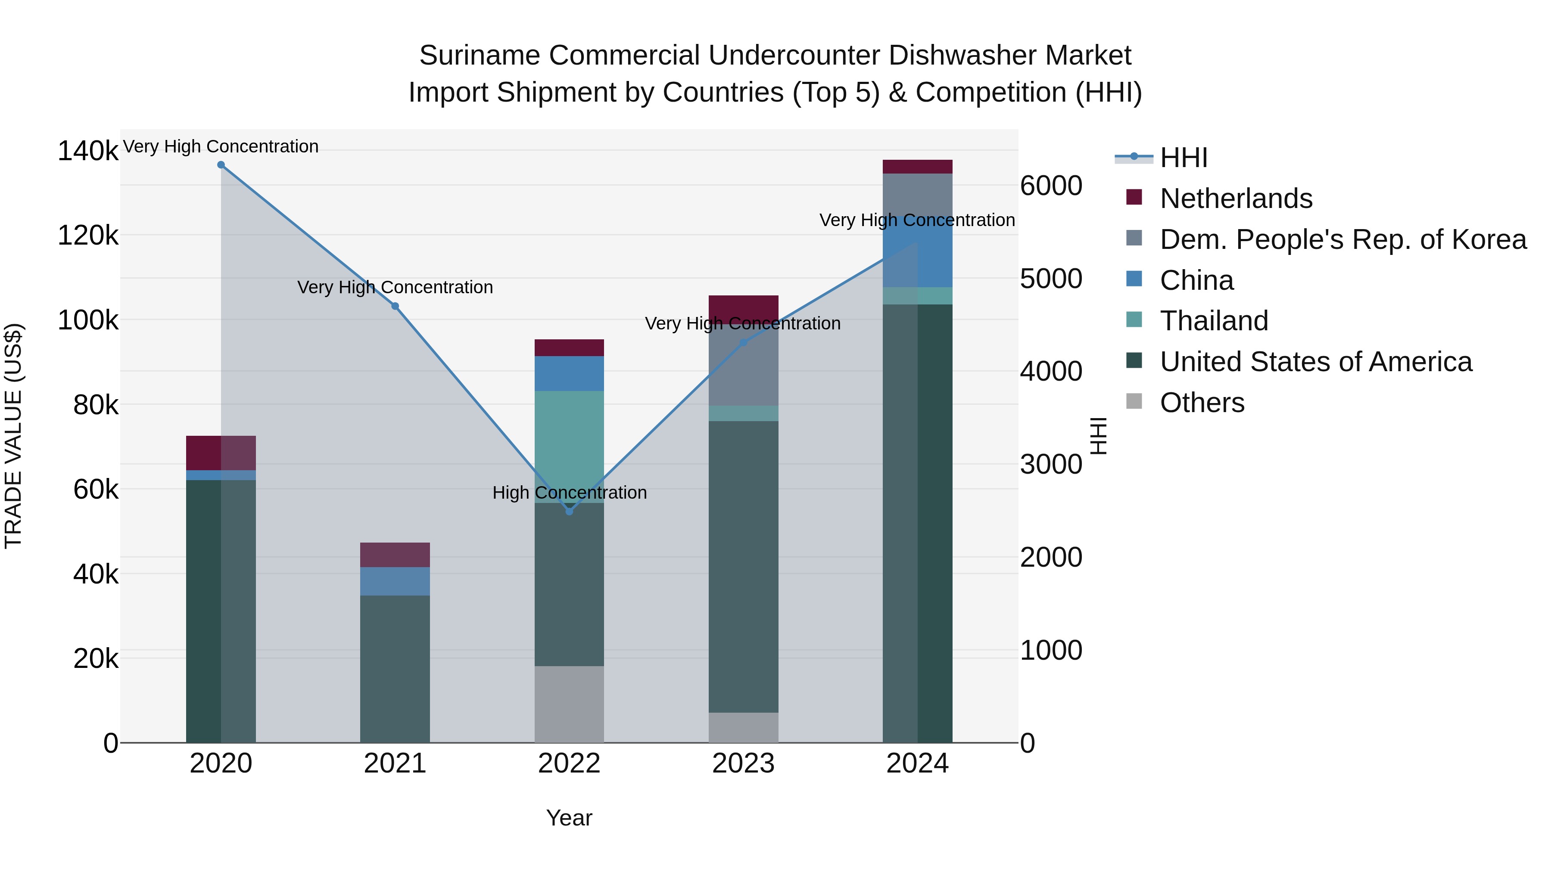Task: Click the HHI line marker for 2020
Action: pyautogui.click(x=221, y=165)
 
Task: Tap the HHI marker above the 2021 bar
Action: pyautogui.click(x=395, y=306)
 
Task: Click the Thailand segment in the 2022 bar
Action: pyautogui.click(x=570, y=445)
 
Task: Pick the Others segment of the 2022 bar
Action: pyautogui.click(x=570, y=704)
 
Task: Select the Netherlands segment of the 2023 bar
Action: pyautogui.click(x=744, y=307)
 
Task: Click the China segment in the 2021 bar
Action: pyautogui.click(x=395, y=581)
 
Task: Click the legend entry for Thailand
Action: pyautogui.click(x=1213, y=321)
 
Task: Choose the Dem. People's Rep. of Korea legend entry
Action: pyautogui.click(x=1342, y=239)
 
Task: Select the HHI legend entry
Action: pyautogui.click(x=1183, y=158)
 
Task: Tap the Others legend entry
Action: pyautogui.click(x=1202, y=403)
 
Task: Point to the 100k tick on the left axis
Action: pyautogui.click(x=88, y=320)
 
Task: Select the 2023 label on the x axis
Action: pyautogui.click(x=744, y=763)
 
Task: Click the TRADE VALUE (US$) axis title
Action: pyautogui.click(x=13, y=436)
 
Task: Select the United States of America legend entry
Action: pyautogui.click(x=1316, y=362)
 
